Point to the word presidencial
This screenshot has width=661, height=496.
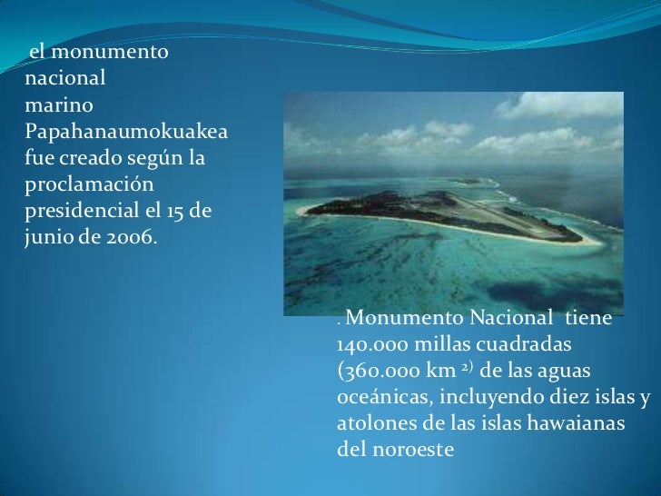(x=74, y=213)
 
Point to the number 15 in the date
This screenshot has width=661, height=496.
(x=175, y=212)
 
